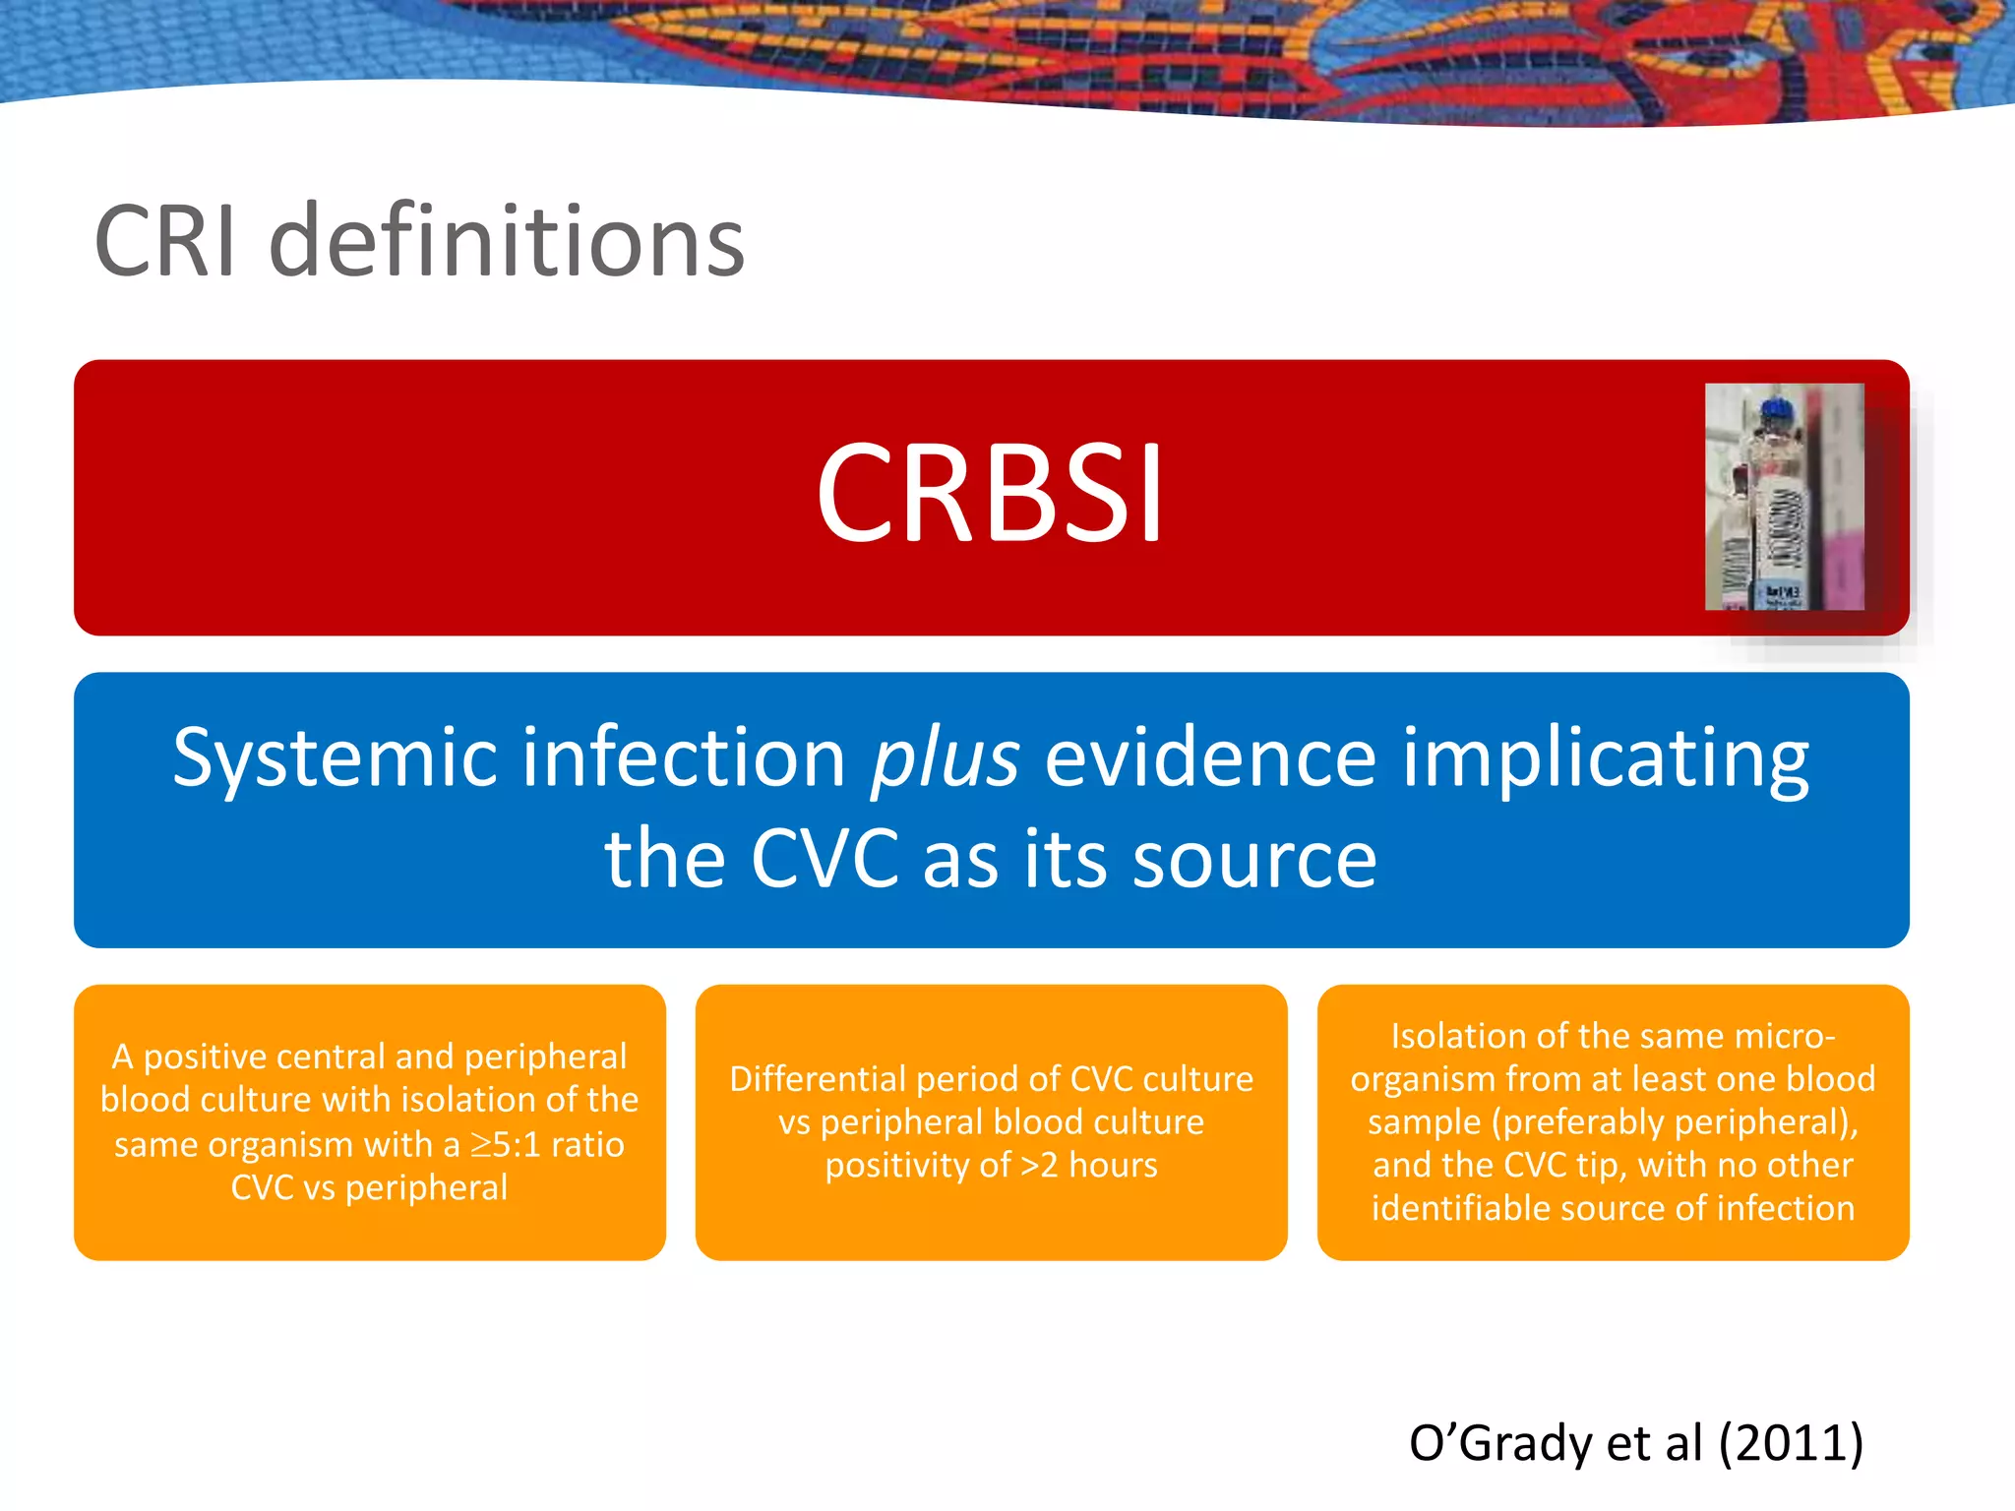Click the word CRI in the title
pyautogui.click(x=165, y=241)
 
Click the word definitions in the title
pyautogui.click(x=507, y=241)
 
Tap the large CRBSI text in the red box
pyautogui.click(x=990, y=492)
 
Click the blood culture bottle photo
pyautogui.click(x=1783, y=497)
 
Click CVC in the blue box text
pyautogui.click(x=824, y=859)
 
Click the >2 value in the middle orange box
pyautogui.click(x=1039, y=1165)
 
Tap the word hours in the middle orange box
pyautogui.click(x=1113, y=1165)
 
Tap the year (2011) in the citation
pyautogui.click(x=1791, y=1443)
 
